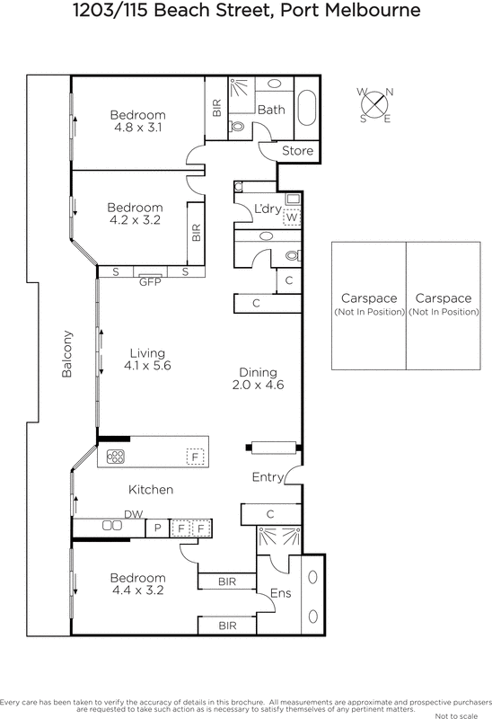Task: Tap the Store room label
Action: tap(298, 150)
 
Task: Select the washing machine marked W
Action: tap(293, 217)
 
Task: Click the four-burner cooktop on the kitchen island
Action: tap(116, 456)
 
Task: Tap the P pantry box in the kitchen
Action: tap(157, 528)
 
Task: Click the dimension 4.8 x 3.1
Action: tap(138, 129)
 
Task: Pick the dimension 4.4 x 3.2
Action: tap(138, 590)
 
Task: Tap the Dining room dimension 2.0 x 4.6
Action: tap(257, 386)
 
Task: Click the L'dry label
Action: tap(268, 209)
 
